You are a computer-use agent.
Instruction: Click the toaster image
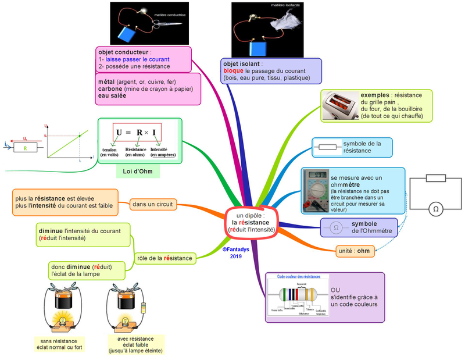click(339, 106)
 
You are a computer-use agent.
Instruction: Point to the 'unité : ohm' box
click(353, 251)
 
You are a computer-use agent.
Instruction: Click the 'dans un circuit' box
click(152, 204)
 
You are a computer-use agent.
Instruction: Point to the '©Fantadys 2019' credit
click(235, 252)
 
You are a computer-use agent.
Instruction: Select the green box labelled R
click(26, 148)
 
